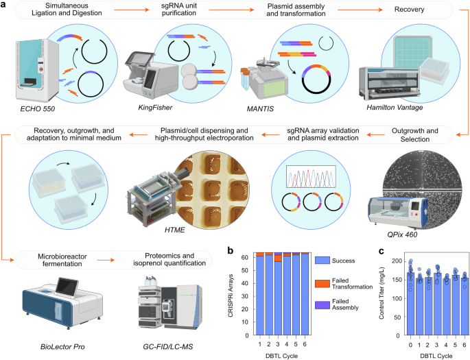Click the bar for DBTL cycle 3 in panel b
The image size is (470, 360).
coord(277,294)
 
